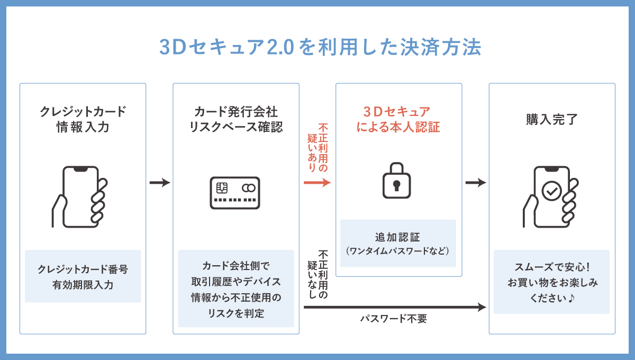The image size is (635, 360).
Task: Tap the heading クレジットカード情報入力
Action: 83,119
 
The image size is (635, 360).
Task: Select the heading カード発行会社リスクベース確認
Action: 236,119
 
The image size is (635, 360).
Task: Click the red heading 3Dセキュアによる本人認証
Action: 398,119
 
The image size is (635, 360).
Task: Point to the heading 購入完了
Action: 551,119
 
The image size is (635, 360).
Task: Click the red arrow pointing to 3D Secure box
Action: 317,183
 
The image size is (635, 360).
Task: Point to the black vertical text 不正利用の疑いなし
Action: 317,274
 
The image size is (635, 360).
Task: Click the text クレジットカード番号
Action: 83,269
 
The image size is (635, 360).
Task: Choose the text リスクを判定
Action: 236,313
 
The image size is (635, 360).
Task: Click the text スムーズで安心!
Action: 551,267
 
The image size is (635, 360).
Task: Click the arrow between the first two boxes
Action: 159,183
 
